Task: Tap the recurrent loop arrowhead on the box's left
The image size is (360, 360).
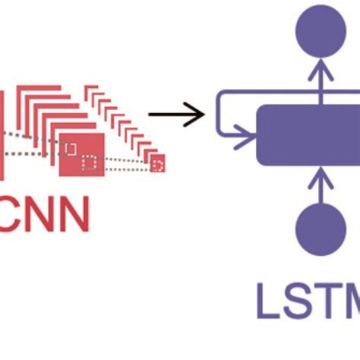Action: pyautogui.click(x=248, y=139)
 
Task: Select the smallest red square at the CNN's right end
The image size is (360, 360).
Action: pyautogui.click(x=158, y=162)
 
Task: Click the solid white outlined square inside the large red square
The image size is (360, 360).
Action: pyautogui.click(x=71, y=148)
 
